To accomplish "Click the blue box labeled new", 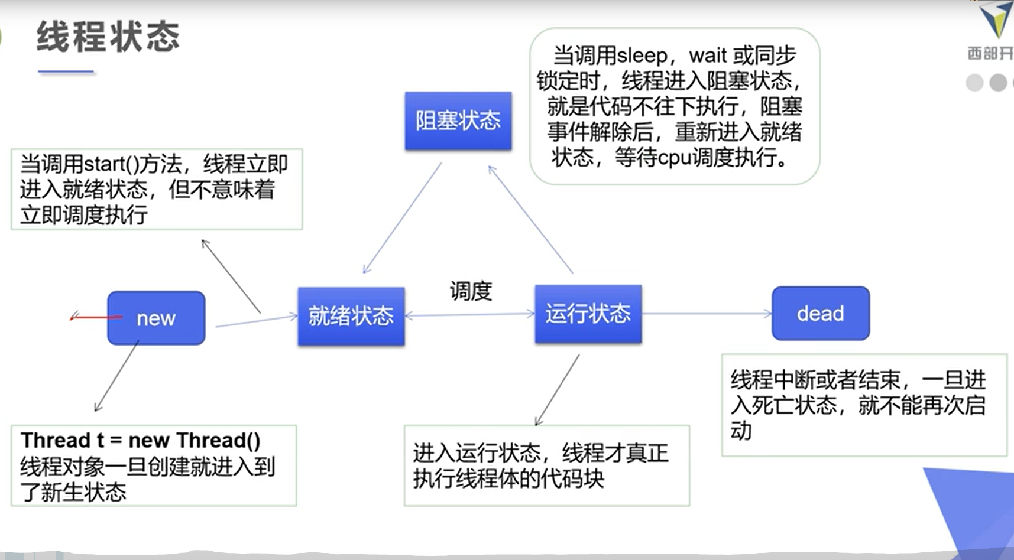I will point(156,318).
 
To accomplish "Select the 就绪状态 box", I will point(351,316).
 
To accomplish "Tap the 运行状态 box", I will point(588,314).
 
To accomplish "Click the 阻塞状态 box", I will point(458,121).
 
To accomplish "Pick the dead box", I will point(820,313).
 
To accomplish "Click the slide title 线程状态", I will point(108,37).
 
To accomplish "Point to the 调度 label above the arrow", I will point(471,291).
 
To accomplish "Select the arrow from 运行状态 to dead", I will point(707,314).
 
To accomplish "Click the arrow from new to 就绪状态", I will point(255,321).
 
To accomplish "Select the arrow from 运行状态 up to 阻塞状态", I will point(530,220).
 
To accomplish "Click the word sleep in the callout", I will point(642,56).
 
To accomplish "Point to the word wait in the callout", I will point(708,56).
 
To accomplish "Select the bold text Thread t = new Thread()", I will point(141,440).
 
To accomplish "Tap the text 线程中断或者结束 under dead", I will point(816,379).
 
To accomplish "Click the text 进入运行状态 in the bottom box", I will point(477,453).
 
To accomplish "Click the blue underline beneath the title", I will point(66,71).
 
